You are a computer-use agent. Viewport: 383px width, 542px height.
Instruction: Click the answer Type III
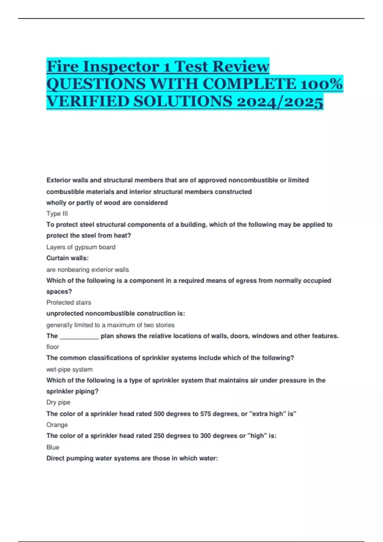(57, 214)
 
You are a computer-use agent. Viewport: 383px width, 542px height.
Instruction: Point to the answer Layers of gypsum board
(81, 247)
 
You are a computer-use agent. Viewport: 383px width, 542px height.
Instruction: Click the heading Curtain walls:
(67, 258)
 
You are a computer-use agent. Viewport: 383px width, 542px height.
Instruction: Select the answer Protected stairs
(69, 302)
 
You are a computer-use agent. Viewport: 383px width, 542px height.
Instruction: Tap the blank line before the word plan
(79, 336)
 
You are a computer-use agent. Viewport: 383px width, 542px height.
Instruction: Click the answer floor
(53, 347)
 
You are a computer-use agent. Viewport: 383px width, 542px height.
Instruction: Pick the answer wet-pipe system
(70, 369)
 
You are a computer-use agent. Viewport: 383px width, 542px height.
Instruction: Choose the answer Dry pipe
(58, 402)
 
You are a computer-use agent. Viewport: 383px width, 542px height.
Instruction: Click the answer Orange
(57, 425)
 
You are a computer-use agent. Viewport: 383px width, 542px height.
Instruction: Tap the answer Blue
(53, 447)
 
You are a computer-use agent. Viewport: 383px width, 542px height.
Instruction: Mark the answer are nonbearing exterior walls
(87, 269)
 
